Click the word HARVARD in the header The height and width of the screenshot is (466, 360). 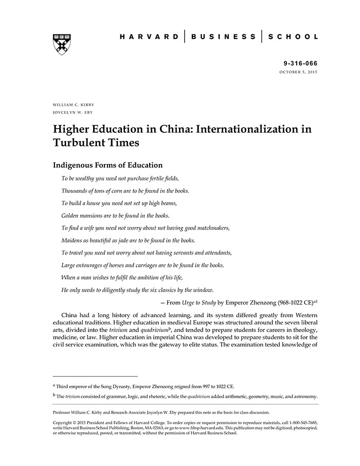[149, 37]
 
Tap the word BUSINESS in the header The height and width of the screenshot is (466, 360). [223, 37]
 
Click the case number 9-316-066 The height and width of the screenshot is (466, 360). [300, 64]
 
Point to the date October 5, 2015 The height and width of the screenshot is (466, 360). [298, 72]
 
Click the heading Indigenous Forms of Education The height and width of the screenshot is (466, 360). [107, 165]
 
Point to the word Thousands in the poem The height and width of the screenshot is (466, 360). [75, 191]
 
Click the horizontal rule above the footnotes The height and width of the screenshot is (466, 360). [95, 377]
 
